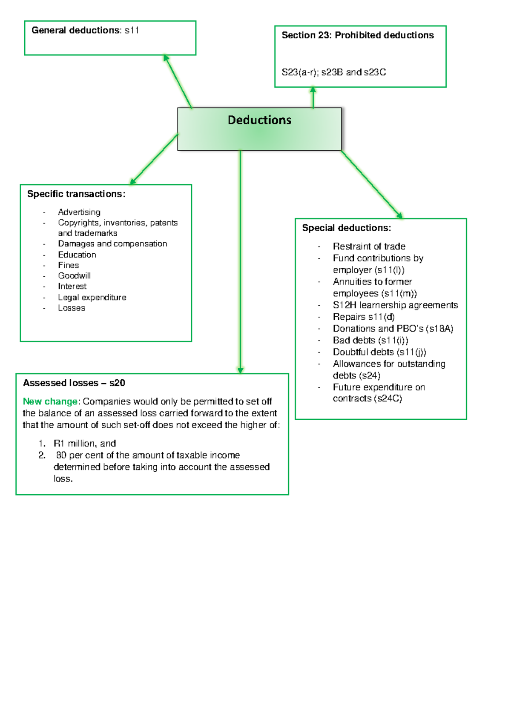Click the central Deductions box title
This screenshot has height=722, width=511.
[259, 120]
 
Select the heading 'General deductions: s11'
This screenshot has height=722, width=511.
[85, 30]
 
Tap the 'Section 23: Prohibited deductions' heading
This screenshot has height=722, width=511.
[358, 35]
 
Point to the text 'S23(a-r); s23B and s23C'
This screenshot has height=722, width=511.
[334, 72]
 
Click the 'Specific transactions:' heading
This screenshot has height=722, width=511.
[76, 194]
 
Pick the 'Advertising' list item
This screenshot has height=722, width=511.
[79, 212]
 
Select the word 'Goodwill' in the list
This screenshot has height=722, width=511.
[75, 276]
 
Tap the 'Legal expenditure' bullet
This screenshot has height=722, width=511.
[92, 297]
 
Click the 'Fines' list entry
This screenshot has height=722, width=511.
[69, 265]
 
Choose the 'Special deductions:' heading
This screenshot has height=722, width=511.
[347, 228]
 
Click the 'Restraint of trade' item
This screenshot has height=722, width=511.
[369, 246]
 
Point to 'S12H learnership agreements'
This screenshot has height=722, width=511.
[396, 305]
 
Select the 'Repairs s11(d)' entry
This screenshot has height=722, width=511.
[364, 317]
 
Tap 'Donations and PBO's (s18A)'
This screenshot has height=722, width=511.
[393, 329]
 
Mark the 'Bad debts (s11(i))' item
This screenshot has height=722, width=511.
[370, 340]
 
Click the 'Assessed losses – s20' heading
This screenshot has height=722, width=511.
[74, 383]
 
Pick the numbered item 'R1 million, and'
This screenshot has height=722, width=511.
[85, 444]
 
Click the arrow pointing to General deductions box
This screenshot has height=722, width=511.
[178, 81]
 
